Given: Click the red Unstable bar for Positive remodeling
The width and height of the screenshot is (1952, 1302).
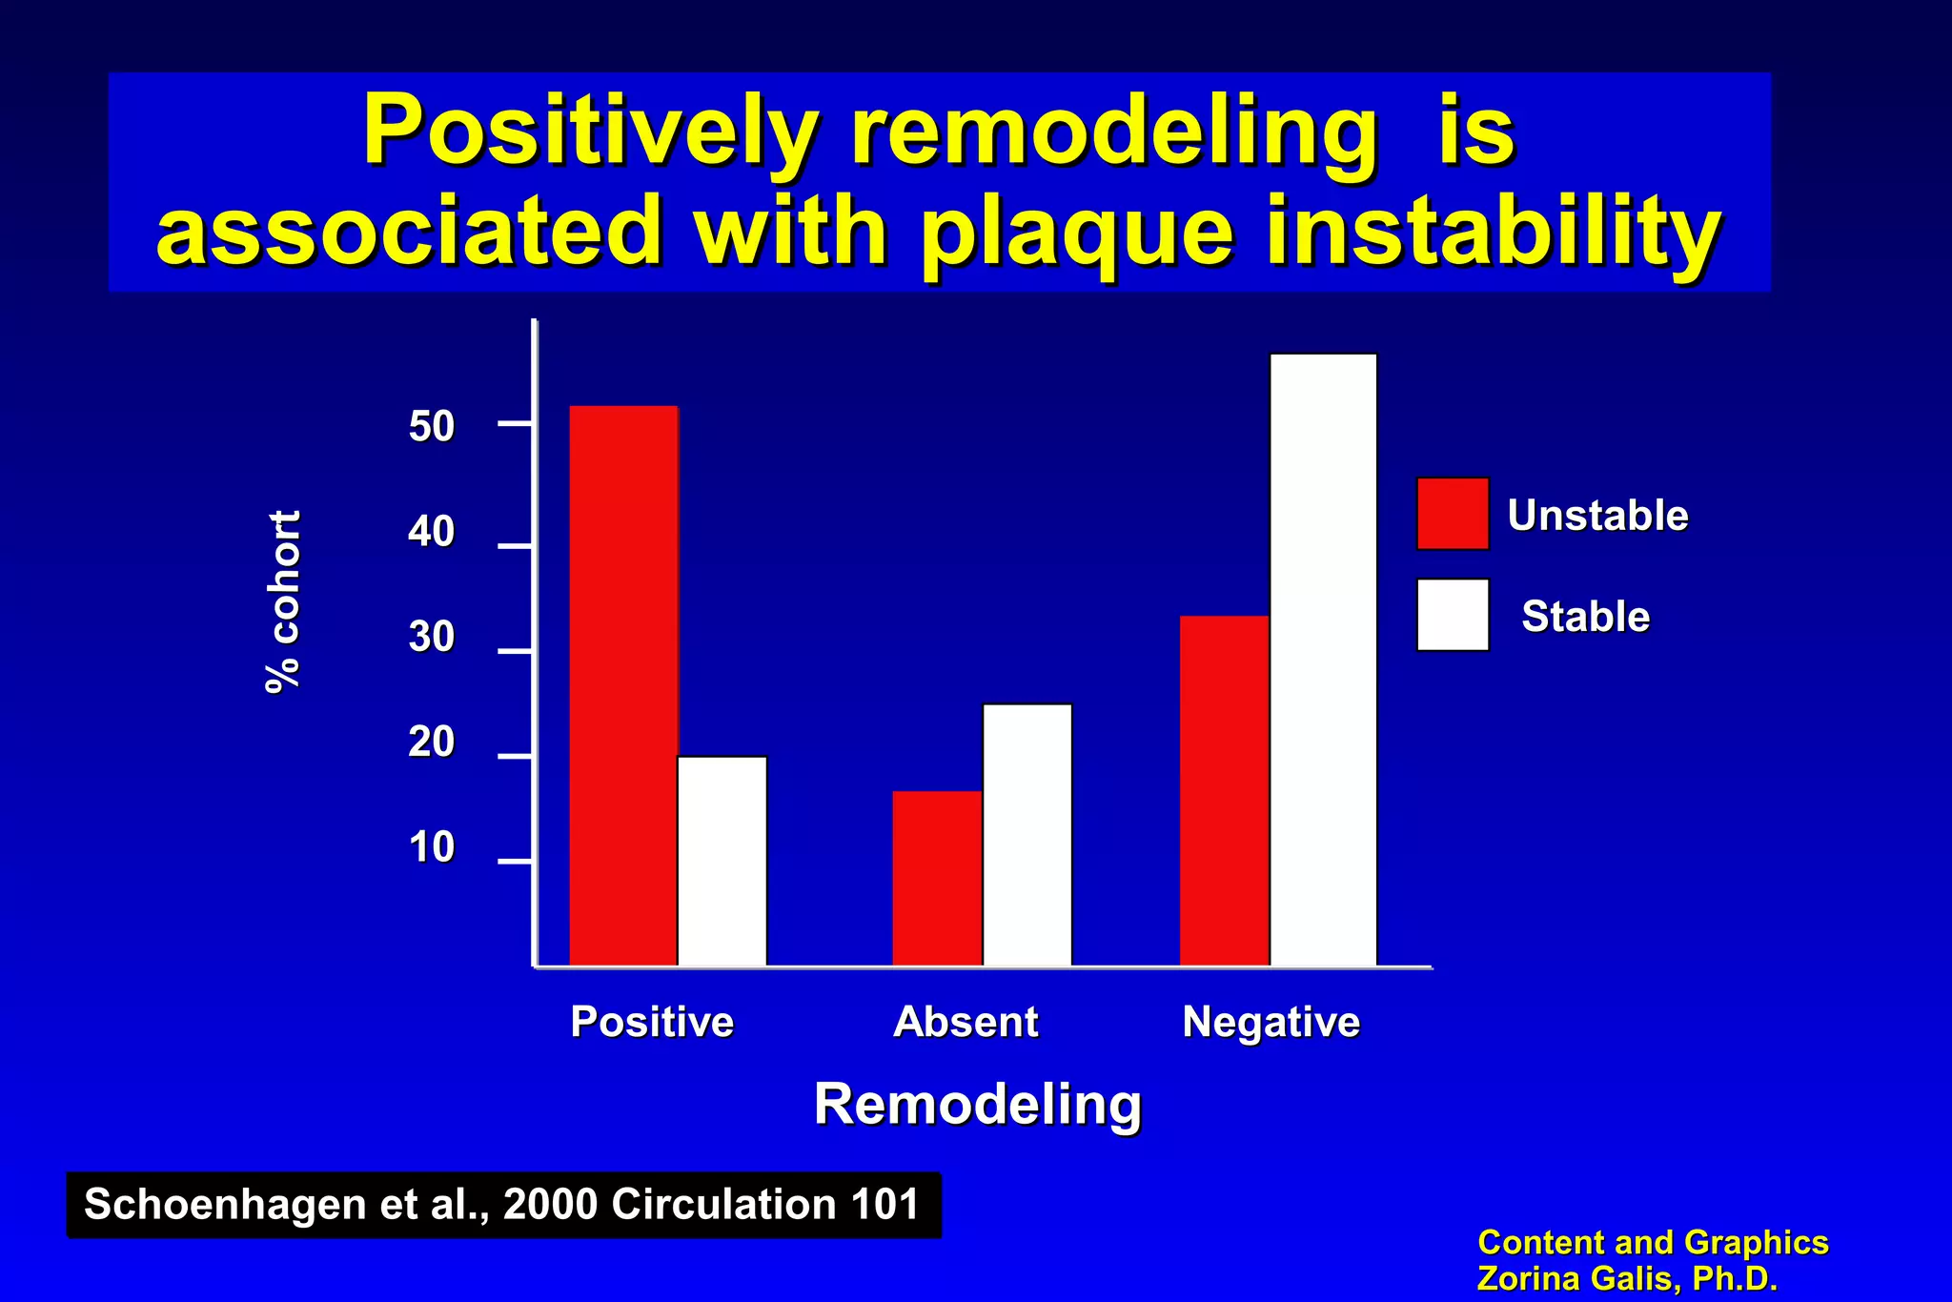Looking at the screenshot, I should point(623,686).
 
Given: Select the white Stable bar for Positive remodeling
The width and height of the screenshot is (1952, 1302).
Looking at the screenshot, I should point(722,862).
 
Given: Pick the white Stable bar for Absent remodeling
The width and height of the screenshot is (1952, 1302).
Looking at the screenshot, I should point(1027,835).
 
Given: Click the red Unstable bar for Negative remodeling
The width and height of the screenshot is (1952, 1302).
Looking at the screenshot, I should point(1224,791).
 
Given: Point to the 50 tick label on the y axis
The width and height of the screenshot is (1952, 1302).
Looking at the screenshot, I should point(432,427).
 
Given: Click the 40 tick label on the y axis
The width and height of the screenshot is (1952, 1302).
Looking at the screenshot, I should point(432,532).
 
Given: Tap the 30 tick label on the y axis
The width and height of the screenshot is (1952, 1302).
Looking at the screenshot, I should point(432,637).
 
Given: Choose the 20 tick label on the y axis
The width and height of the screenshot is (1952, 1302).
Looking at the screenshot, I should point(432,743).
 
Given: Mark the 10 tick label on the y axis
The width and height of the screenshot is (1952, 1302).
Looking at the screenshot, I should point(432,847).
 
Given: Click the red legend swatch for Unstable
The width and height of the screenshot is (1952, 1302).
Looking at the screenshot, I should point(1453,514).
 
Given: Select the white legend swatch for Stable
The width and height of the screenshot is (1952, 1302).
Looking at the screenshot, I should point(1453,615).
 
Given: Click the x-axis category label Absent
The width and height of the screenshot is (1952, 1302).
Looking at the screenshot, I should point(966,1023).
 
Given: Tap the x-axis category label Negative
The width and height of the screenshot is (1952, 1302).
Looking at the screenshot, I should point(1271,1023).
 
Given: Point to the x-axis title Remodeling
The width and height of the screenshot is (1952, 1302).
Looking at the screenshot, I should point(978,1105).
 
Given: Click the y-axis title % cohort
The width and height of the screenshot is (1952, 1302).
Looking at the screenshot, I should point(283,601).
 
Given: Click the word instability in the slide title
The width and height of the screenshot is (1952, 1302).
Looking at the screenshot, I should point(1492,232).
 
